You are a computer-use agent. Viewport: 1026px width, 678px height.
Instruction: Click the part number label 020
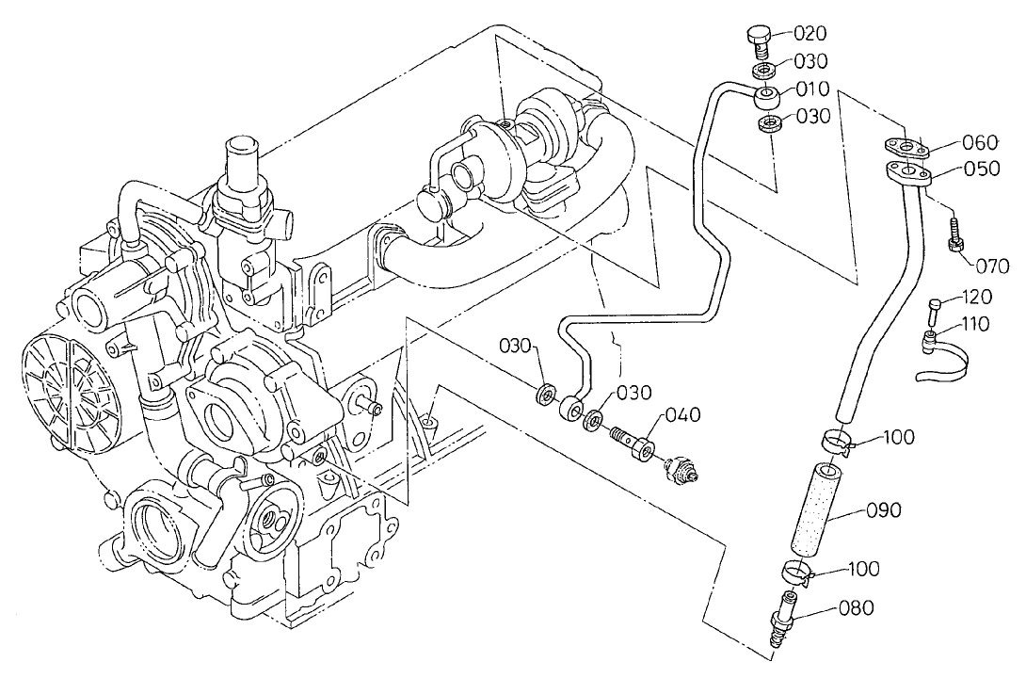[x=810, y=34]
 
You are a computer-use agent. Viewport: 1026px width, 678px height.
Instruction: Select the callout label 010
[x=811, y=89]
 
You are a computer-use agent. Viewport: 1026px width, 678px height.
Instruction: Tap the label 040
[x=683, y=415]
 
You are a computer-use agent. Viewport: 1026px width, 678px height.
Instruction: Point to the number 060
[x=979, y=143]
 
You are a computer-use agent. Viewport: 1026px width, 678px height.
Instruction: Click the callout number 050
[x=979, y=170]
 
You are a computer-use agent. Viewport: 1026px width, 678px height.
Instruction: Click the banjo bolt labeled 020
[x=759, y=39]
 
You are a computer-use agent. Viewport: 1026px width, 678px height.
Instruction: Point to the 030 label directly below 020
[x=810, y=61]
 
